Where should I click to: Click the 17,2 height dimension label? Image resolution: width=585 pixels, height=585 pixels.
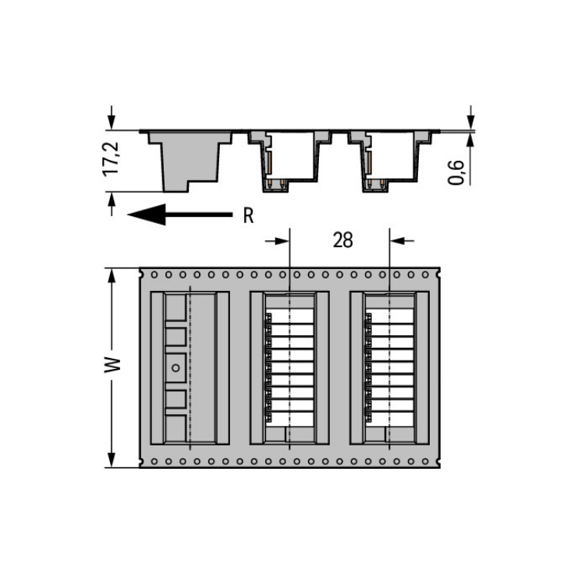coord(111,159)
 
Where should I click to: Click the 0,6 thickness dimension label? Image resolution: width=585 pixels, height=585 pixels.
coord(456,172)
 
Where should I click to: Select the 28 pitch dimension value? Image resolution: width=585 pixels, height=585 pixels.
coord(343,240)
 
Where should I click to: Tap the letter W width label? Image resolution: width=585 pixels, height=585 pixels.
coord(112,365)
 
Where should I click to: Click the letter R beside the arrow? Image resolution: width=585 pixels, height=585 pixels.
coord(249,215)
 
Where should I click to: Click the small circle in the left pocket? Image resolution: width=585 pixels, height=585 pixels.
coord(175,368)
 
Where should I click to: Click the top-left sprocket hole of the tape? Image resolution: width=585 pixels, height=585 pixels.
coord(154,275)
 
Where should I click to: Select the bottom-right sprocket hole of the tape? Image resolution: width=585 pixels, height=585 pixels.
coord(425,462)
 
